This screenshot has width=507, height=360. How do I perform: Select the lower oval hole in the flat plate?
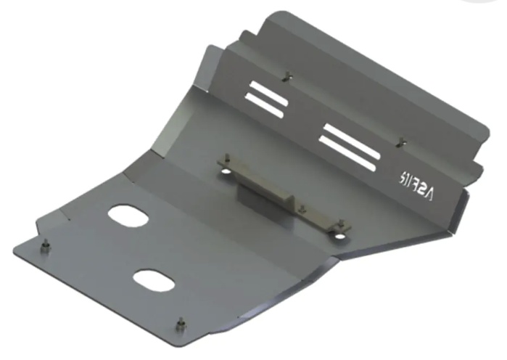(153, 280)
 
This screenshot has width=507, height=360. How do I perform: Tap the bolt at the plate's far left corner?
(46, 246)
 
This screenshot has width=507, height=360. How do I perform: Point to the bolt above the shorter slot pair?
(289, 74)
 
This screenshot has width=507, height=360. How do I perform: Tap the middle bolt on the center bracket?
(300, 208)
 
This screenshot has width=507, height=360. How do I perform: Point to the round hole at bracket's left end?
(226, 171)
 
